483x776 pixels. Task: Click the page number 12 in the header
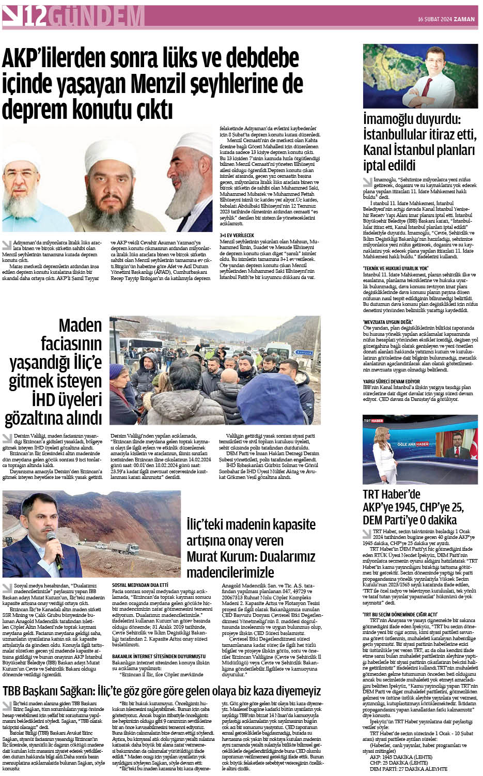tap(35, 17)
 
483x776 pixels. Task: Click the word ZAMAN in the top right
tap(463, 19)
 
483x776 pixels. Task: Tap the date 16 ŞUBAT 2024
tap(433, 19)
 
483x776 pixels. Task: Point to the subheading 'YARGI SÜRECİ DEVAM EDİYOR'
tap(391, 381)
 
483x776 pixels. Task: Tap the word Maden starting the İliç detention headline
tap(80, 325)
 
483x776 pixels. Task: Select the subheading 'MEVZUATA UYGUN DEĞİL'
tap(388, 322)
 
